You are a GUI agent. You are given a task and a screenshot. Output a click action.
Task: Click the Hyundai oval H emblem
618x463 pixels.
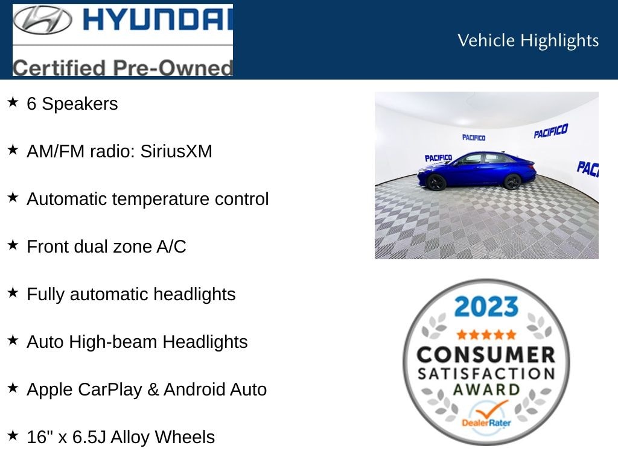pyautogui.click(x=43, y=20)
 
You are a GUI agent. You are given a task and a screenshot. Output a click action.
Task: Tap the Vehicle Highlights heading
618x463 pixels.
pyautogui.click(x=528, y=40)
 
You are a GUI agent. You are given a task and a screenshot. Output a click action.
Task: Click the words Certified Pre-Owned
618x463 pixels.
pyautogui.click(x=123, y=68)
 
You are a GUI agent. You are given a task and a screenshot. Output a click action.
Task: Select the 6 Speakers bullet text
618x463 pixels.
pyautogui.click(x=72, y=104)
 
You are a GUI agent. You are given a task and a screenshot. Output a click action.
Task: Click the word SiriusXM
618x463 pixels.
pyautogui.click(x=176, y=151)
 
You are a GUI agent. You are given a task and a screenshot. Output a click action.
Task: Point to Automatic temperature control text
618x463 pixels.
pyautogui.click(x=148, y=199)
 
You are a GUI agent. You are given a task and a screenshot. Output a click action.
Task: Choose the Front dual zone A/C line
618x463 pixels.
pyautogui.click(x=106, y=247)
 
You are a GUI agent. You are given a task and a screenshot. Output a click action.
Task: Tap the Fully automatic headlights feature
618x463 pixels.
pyautogui.click(x=131, y=294)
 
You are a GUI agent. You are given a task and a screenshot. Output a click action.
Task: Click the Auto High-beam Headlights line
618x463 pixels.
pyautogui.click(x=137, y=342)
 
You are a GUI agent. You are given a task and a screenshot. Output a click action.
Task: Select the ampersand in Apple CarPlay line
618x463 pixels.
pyautogui.click(x=153, y=389)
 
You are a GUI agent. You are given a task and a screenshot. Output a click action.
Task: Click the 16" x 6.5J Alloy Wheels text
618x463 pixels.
pyautogui.click(x=121, y=437)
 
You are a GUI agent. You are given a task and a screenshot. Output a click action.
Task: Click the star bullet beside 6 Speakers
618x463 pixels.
pyautogui.click(x=13, y=102)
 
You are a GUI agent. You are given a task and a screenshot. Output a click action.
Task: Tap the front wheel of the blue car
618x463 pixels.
pyautogui.click(x=436, y=183)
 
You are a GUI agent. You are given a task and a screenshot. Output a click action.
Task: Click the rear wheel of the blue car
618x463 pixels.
pyautogui.click(x=512, y=181)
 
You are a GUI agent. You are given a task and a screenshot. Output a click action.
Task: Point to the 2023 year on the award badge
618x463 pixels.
pyautogui.click(x=486, y=306)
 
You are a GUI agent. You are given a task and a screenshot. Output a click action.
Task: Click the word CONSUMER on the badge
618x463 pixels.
pyautogui.click(x=486, y=354)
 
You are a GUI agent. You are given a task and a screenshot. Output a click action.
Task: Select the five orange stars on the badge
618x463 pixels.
pyautogui.click(x=486, y=335)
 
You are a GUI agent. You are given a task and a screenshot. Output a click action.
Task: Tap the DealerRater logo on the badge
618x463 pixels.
pyautogui.click(x=486, y=417)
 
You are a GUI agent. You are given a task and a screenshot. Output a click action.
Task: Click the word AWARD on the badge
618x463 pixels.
pyautogui.click(x=486, y=389)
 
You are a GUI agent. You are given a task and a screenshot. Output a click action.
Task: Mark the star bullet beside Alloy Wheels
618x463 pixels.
pyautogui.click(x=13, y=435)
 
